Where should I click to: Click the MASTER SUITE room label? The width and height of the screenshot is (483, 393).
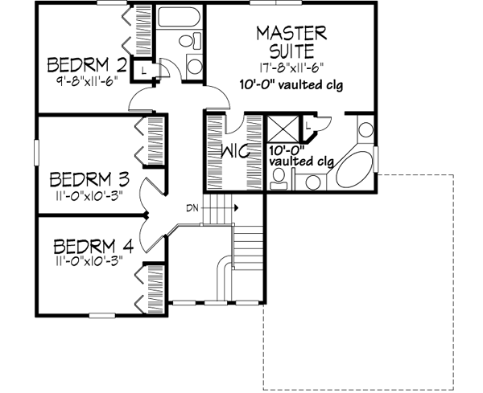(x=291, y=42)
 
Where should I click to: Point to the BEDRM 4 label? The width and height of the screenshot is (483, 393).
(x=88, y=245)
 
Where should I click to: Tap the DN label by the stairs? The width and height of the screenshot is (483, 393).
(x=192, y=207)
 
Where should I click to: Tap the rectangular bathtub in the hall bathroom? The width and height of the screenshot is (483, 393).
(x=178, y=17)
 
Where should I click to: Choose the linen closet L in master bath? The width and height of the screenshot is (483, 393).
(x=309, y=126)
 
